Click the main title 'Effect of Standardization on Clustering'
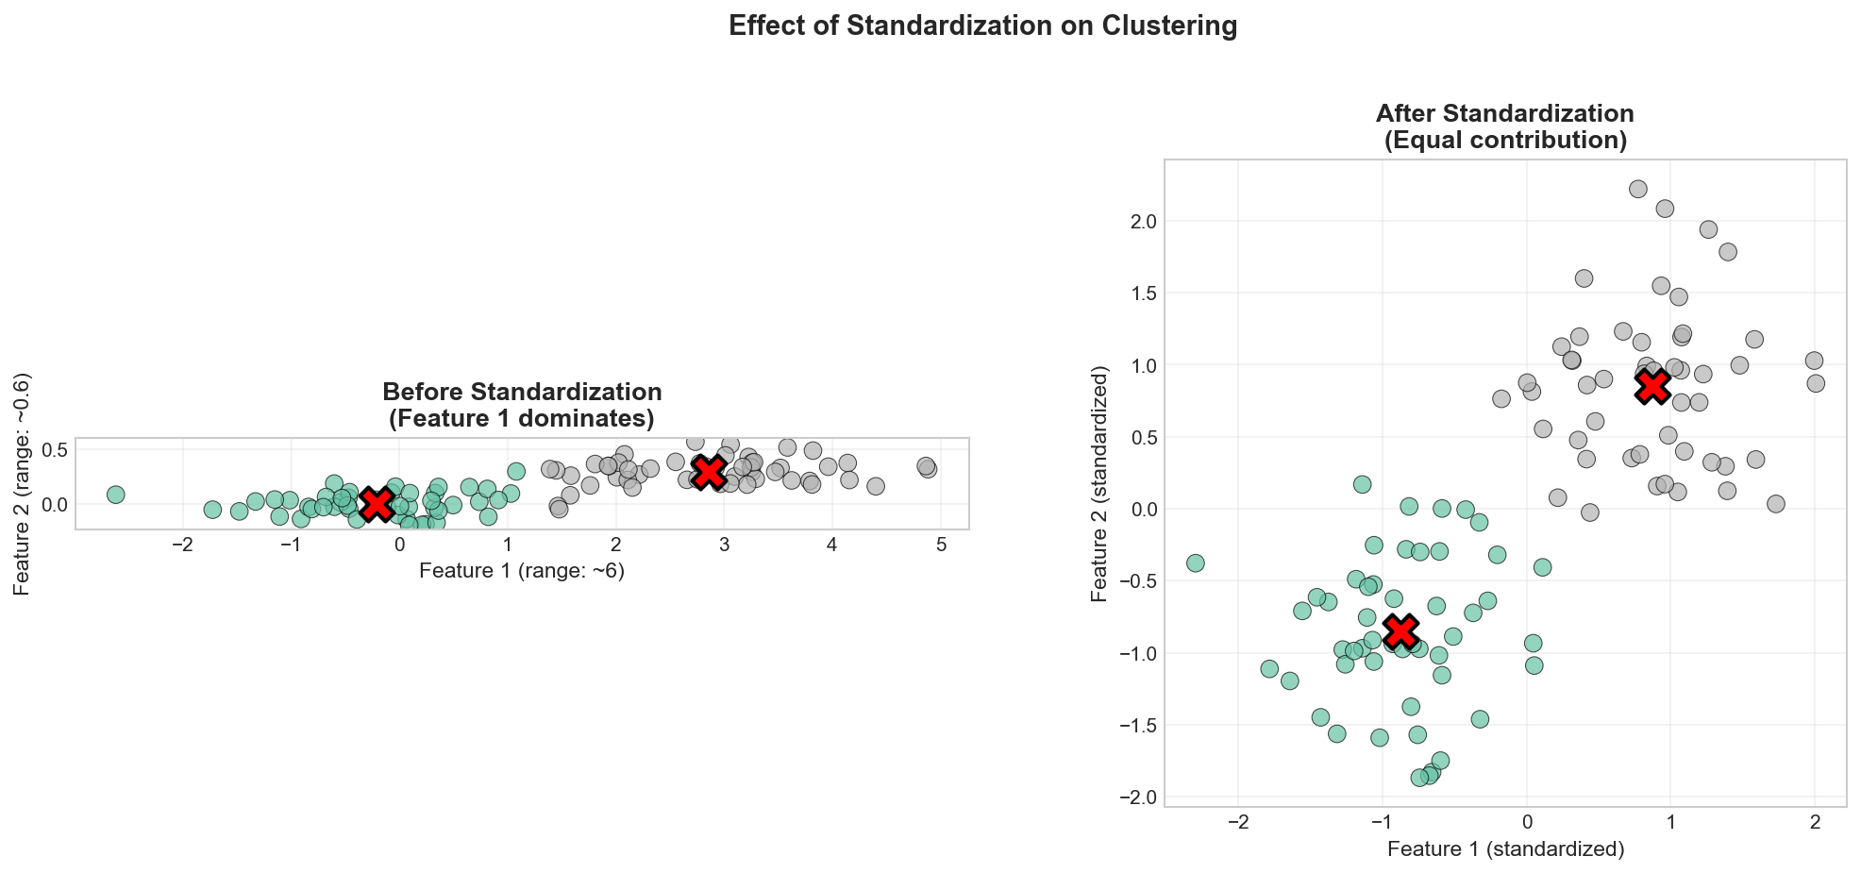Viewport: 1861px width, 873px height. point(982,26)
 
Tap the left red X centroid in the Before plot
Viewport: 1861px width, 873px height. point(376,504)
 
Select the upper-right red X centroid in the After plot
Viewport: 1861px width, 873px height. point(1652,386)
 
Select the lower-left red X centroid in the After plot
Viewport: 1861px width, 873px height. point(1400,630)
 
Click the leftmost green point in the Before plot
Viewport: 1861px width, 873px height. point(115,495)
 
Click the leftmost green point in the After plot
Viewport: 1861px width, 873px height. point(1196,563)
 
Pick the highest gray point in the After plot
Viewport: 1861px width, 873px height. point(1638,189)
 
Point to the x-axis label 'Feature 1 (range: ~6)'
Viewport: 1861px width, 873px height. point(522,571)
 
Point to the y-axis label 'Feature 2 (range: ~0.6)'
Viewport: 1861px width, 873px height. point(23,483)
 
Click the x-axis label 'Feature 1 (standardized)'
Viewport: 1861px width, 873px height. point(1505,849)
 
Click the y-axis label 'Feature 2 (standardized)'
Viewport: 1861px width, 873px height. point(1098,484)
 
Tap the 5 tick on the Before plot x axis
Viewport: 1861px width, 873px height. point(941,546)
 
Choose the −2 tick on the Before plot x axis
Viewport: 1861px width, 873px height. point(182,546)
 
